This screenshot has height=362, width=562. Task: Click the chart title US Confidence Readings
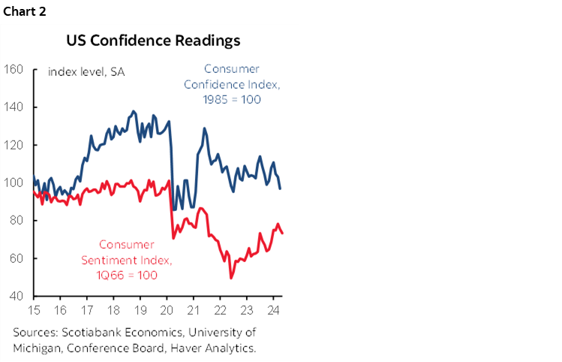153,40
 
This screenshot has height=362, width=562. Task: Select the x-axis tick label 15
35,309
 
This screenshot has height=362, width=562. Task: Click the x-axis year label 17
87,309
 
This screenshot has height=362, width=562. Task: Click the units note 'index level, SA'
86,72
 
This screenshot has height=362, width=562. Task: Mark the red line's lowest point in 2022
231,278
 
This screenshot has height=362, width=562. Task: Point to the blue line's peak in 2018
134,111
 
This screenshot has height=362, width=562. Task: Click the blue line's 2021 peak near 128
203,128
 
